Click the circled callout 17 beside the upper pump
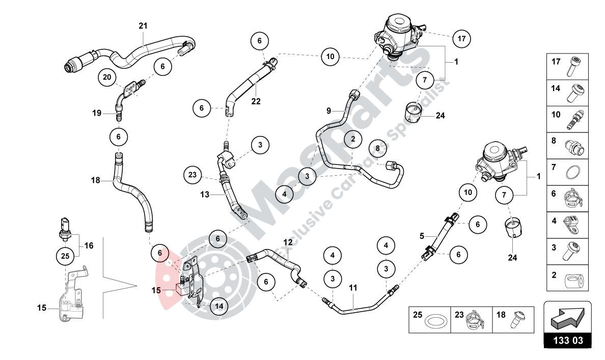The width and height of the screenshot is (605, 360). pyautogui.click(x=461, y=38)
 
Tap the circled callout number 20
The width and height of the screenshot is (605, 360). pyautogui.click(x=107, y=77)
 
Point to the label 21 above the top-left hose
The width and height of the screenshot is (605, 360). pyautogui.click(x=143, y=25)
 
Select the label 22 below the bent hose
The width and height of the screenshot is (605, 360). pyautogui.click(x=256, y=101)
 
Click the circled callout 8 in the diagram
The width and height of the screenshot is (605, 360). pyautogui.click(x=377, y=148)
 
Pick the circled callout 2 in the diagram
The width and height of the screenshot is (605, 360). pyautogui.click(x=352, y=139)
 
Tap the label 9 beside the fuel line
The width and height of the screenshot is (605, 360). pyautogui.click(x=329, y=110)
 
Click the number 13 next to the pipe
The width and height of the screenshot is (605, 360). pyautogui.click(x=204, y=194)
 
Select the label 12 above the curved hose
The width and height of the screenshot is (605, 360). pyautogui.click(x=288, y=242)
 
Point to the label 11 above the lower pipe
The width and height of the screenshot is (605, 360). pyautogui.click(x=353, y=288)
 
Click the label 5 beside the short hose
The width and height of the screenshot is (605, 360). pyautogui.click(x=421, y=236)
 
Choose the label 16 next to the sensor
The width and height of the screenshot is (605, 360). pyautogui.click(x=89, y=245)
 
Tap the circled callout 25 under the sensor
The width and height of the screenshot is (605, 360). pyautogui.click(x=65, y=256)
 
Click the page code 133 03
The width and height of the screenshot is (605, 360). pyautogui.click(x=568, y=340)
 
